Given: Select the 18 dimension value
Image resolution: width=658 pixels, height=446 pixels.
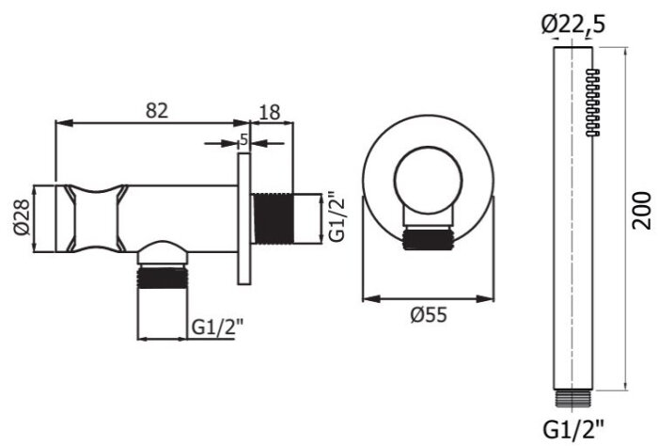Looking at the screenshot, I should pos(269,111).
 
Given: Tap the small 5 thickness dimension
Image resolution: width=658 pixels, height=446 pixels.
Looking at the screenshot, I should pos(243,139).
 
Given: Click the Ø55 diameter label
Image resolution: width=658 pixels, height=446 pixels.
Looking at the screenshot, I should pos(428,316).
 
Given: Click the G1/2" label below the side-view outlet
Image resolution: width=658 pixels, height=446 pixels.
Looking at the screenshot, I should pos(219,327).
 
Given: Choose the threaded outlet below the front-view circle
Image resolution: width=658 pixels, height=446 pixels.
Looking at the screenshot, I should pos(428,239).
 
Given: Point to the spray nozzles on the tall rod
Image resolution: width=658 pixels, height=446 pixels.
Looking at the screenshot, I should pos(592,104).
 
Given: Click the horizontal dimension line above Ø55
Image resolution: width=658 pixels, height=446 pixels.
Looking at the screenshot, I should pos(428,298).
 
